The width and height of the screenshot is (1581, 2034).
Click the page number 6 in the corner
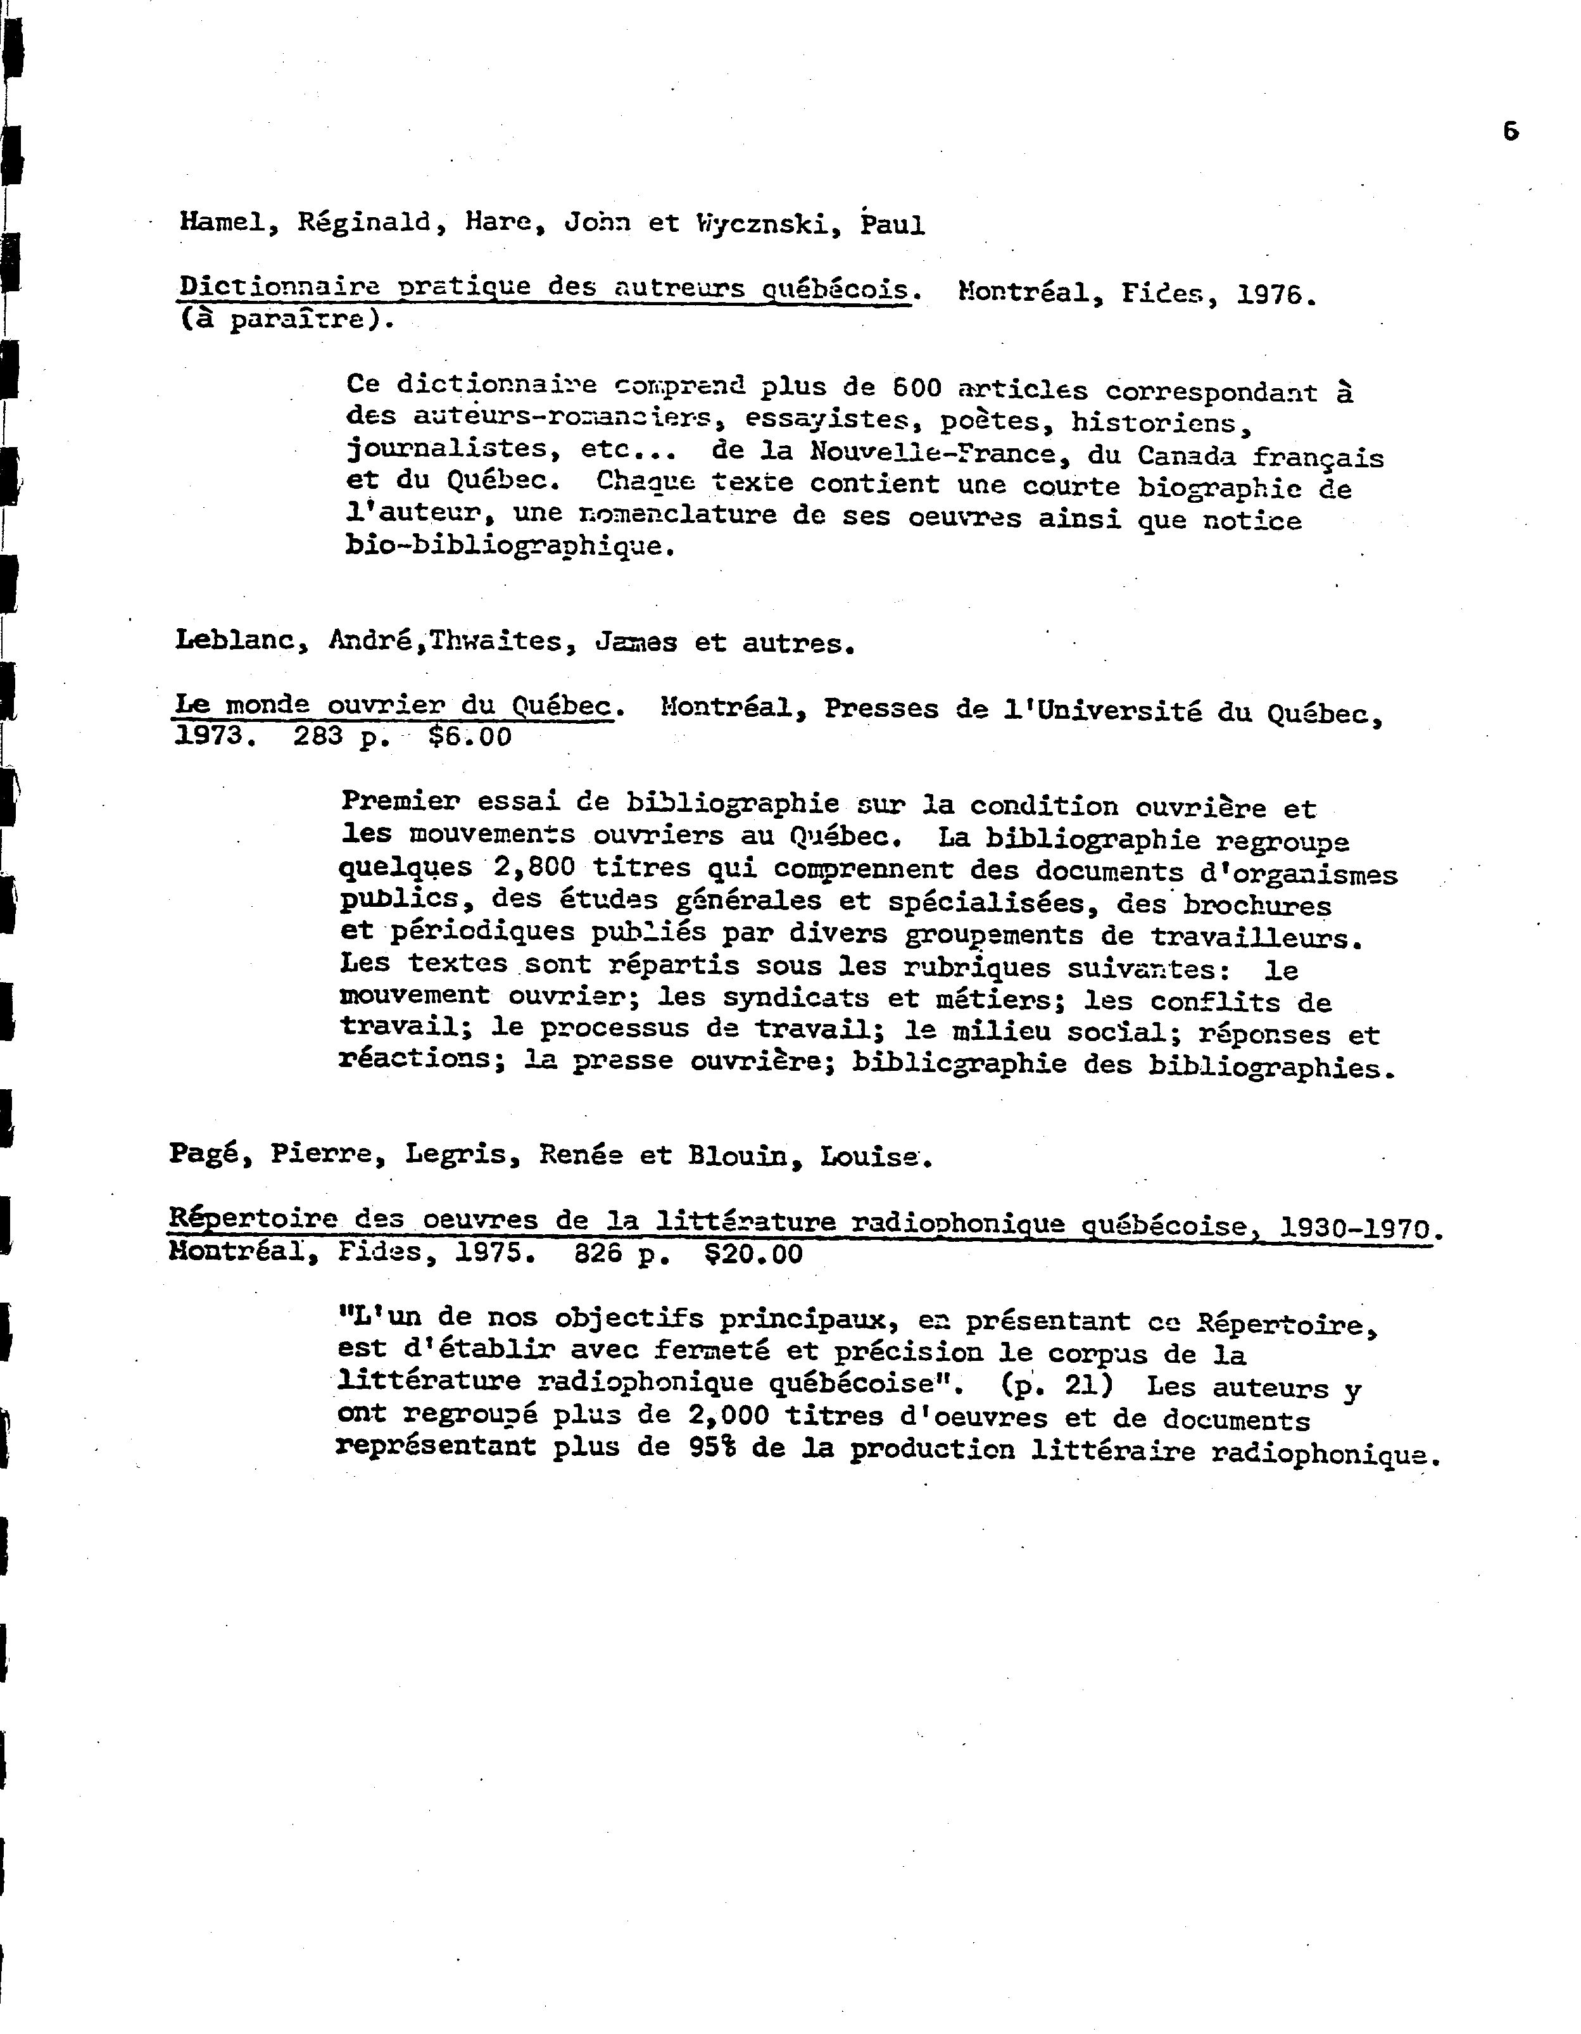point(1510,132)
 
